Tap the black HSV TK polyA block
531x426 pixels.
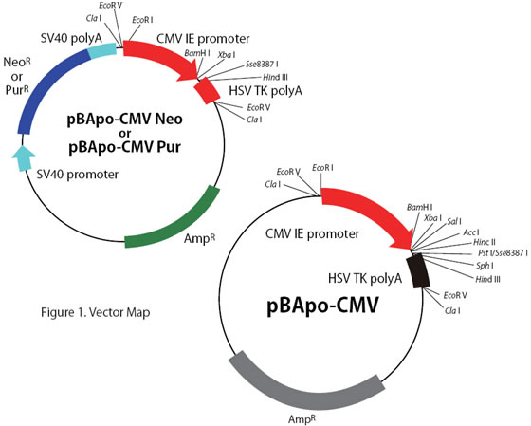tap(418, 270)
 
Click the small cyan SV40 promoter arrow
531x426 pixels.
tap(23, 157)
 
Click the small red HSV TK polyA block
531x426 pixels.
tap(207, 90)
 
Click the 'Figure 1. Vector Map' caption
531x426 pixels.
tap(96, 312)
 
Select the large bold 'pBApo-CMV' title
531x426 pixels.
tap(322, 306)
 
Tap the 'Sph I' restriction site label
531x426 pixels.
tap(485, 266)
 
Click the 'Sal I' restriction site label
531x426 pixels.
tap(454, 221)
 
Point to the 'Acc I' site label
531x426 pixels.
tap(471, 232)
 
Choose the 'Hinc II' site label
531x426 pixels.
tap(485, 242)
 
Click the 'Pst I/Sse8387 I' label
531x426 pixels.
tap(503, 252)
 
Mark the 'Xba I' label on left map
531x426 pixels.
tap(227, 55)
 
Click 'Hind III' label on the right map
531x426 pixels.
tap(487, 279)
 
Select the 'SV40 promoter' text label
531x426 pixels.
tap(78, 175)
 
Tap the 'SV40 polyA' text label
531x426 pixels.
tap(71, 38)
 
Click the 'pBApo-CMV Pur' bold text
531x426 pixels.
tap(124, 147)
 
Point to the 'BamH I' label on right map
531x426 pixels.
tap(419, 207)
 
